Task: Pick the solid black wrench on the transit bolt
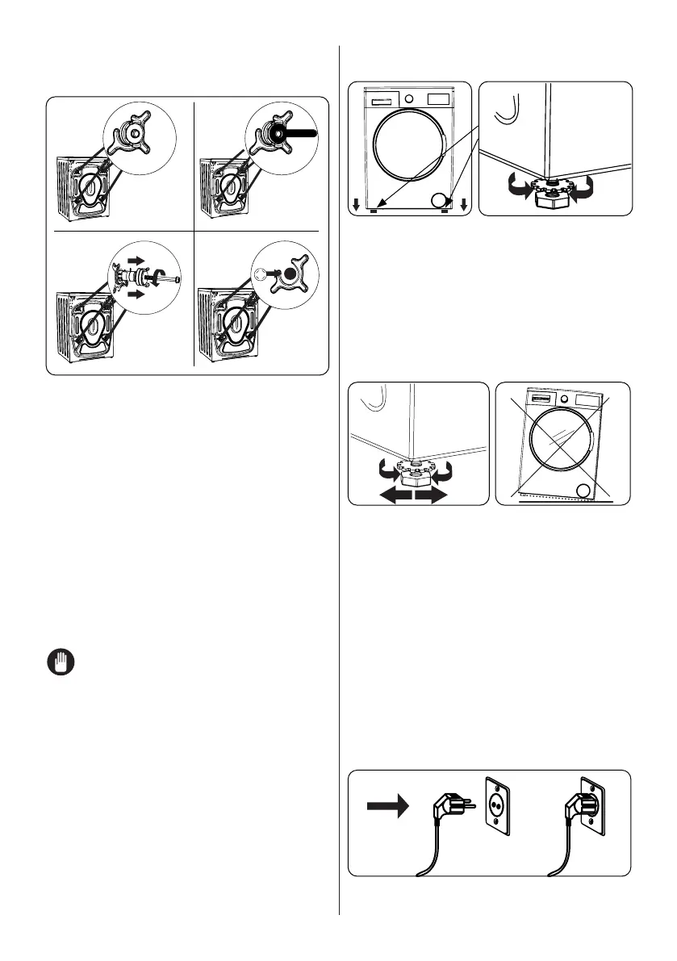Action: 299,133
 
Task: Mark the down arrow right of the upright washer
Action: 465,204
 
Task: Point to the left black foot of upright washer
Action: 374,211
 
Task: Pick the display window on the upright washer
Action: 436,98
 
